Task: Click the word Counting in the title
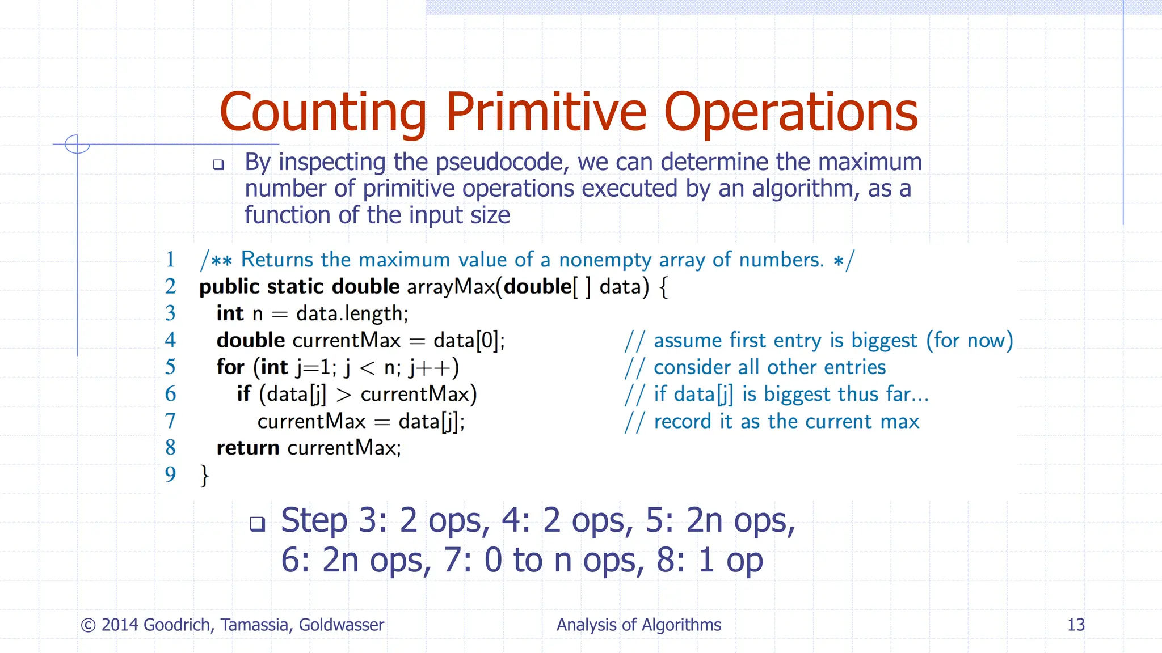[x=322, y=113]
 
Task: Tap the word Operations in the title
[x=790, y=113]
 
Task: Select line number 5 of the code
[x=170, y=367]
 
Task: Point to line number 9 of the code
[x=170, y=474]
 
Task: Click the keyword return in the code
[x=248, y=448]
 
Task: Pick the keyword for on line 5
[x=230, y=367]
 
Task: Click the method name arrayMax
[x=451, y=287]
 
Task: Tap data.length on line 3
[x=352, y=313]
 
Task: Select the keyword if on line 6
[x=244, y=394]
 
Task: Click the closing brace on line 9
[x=204, y=475]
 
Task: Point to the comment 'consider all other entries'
[x=769, y=367]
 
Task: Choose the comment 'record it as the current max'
[x=786, y=422]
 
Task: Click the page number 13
[x=1076, y=625]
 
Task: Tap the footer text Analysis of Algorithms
[x=638, y=625]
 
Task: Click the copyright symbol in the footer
[x=88, y=625]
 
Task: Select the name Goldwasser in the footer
[x=341, y=625]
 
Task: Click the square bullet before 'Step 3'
[x=258, y=523]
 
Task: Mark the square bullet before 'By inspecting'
[x=218, y=165]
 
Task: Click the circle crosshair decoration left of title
[x=77, y=144]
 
